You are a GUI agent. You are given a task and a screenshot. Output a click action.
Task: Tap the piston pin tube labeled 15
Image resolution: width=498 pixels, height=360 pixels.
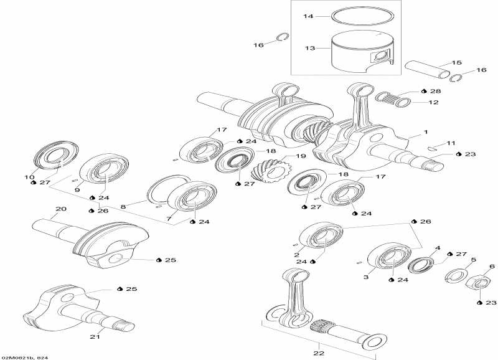pos(428,70)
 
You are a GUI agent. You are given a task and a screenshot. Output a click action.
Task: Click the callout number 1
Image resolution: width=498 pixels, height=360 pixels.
pos(426,132)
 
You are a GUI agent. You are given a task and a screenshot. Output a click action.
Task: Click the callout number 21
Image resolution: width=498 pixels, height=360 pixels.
pos(95,337)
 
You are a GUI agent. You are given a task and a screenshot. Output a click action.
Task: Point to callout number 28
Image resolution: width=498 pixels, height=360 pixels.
pos(435,91)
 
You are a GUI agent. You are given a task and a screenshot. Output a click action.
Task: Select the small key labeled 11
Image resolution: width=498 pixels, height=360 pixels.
pos(433,148)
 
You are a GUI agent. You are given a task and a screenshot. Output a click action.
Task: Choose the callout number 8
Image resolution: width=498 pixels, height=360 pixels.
pos(123,206)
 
